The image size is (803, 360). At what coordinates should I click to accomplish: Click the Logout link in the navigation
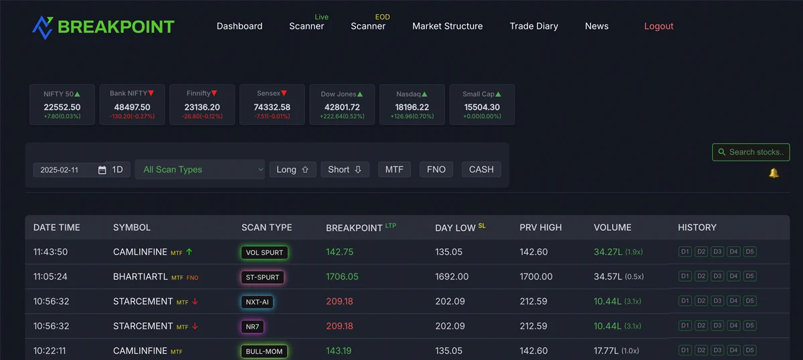pyautogui.click(x=658, y=26)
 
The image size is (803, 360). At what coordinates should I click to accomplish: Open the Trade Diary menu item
pyautogui.click(x=533, y=26)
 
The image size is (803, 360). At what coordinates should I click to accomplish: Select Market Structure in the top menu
pyautogui.click(x=447, y=26)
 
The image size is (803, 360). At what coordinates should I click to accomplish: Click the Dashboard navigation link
pyautogui.click(x=240, y=26)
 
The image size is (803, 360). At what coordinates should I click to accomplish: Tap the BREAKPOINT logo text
pyautogui.click(x=116, y=27)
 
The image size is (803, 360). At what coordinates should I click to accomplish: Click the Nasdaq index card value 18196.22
pyautogui.click(x=412, y=107)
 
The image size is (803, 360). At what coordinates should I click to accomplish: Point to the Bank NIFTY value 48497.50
pyautogui.click(x=132, y=107)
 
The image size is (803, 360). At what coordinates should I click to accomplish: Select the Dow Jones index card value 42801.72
pyautogui.click(x=341, y=107)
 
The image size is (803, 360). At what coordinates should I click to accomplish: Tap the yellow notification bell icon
pyautogui.click(x=774, y=173)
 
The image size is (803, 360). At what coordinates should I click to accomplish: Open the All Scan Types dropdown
pyautogui.click(x=199, y=169)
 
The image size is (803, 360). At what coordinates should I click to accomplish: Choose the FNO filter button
pyautogui.click(x=436, y=169)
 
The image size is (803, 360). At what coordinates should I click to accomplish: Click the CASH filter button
pyautogui.click(x=481, y=169)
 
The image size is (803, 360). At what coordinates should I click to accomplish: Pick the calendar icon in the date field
pyautogui.click(x=102, y=170)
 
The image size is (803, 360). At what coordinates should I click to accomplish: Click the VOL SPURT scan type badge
pyautogui.click(x=265, y=252)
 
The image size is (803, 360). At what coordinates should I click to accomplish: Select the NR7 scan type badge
pyautogui.click(x=253, y=327)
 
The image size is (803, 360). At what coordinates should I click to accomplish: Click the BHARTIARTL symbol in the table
pyautogui.click(x=141, y=276)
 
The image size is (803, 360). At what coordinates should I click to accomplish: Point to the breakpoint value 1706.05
pyautogui.click(x=342, y=276)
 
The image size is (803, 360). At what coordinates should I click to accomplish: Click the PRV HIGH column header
pyautogui.click(x=541, y=228)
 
